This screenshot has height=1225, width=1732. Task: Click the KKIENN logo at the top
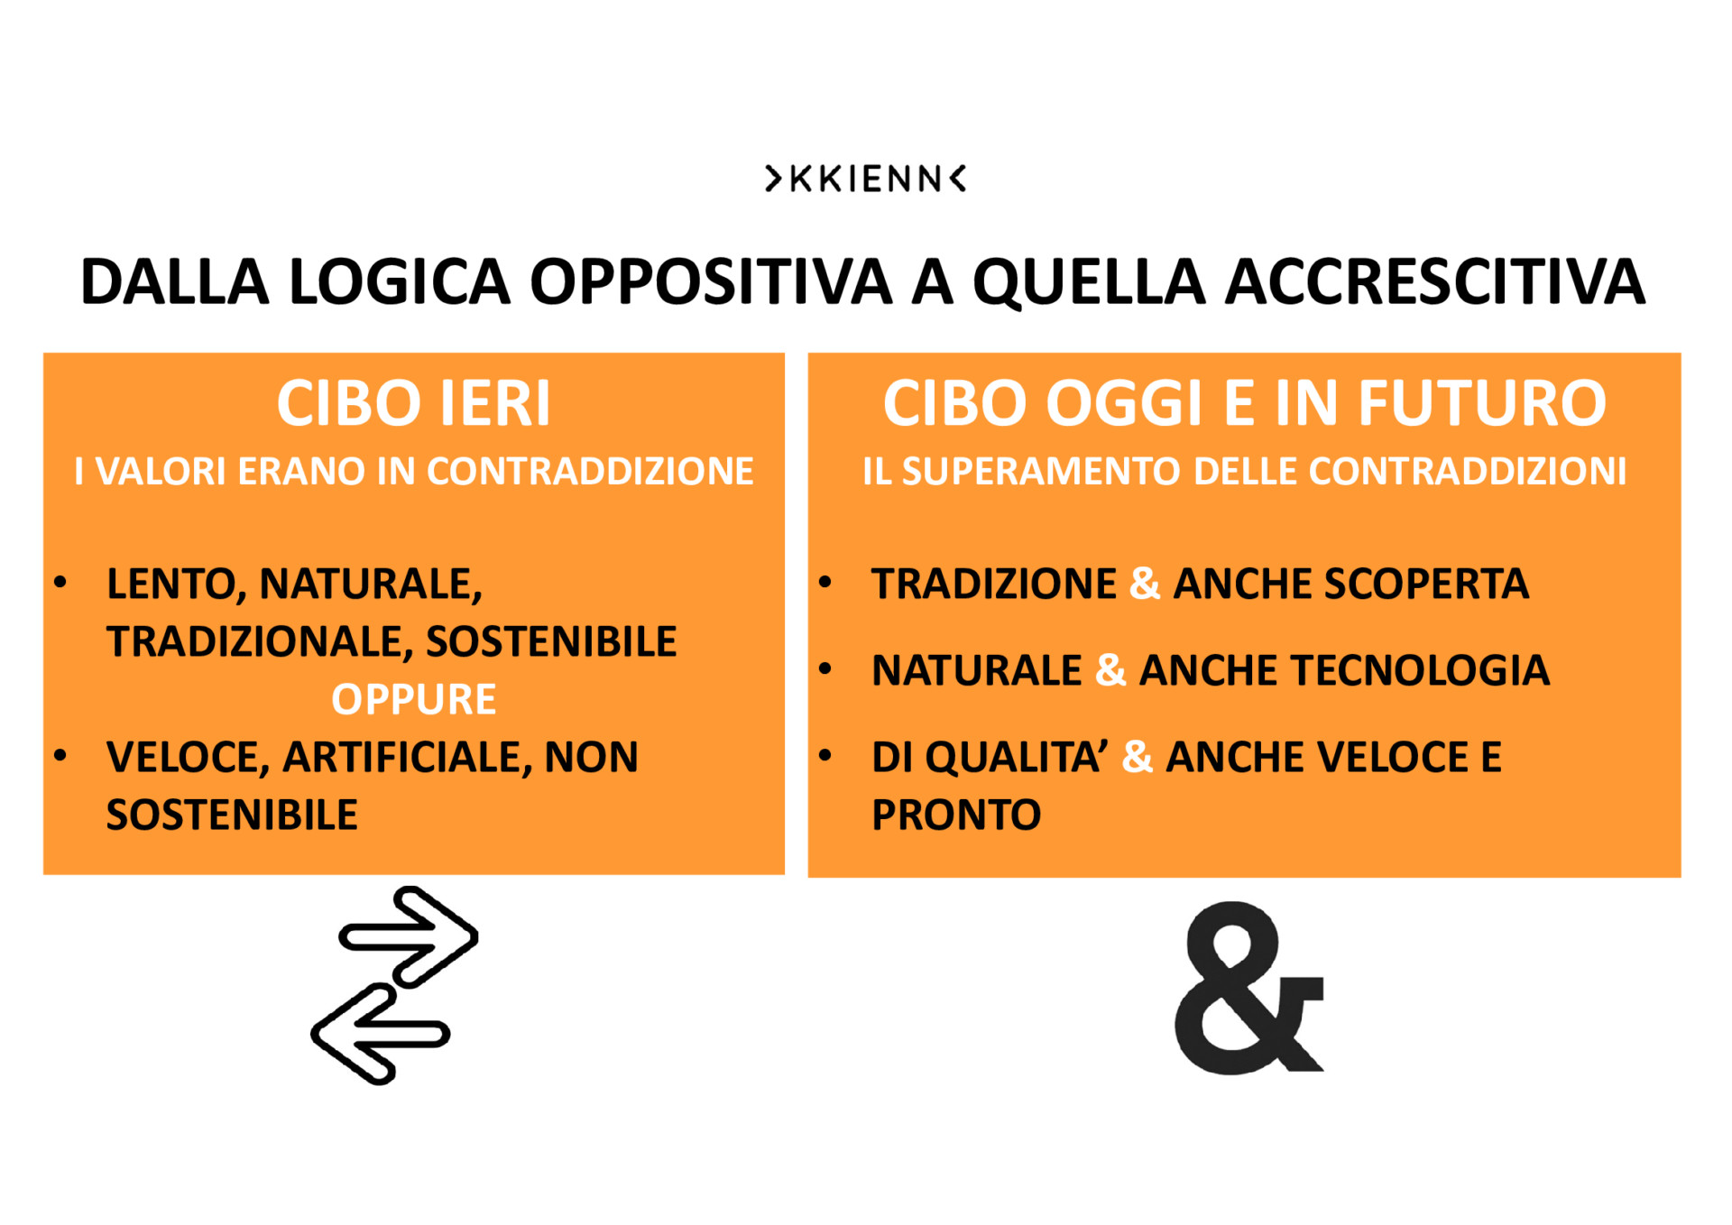[x=865, y=179]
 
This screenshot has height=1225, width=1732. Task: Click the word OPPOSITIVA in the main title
[x=711, y=282]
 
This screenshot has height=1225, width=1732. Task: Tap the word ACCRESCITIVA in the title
[x=1435, y=282]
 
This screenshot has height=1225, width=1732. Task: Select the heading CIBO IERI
[x=413, y=403]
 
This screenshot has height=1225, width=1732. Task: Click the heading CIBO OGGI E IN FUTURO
[x=1245, y=403]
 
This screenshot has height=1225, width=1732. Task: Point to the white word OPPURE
[x=414, y=700]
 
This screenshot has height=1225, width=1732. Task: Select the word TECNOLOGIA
[x=1421, y=671]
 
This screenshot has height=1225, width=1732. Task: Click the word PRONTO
[x=956, y=815]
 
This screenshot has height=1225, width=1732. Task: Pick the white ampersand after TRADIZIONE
[x=1145, y=584]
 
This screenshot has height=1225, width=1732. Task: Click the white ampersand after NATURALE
[x=1110, y=670]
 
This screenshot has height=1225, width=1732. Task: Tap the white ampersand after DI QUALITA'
[x=1138, y=757]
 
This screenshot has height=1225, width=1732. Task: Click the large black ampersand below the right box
[x=1248, y=989]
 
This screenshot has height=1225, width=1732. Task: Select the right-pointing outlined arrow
[x=409, y=936]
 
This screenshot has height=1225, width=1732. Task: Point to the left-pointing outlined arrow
[x=380, y=1034]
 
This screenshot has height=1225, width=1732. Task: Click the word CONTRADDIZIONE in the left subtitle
[x=590, y=472]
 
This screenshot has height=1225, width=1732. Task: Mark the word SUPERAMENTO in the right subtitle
[x=1041, y=472]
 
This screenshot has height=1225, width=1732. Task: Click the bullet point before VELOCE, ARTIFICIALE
[x=60, y=756]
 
